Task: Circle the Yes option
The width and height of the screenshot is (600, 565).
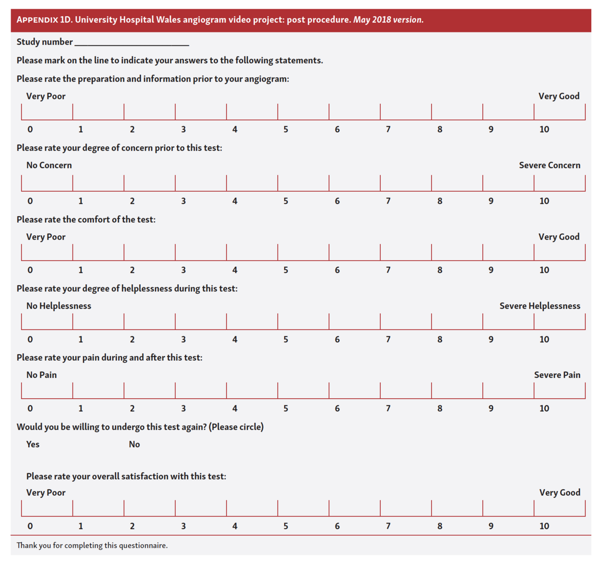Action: pos(33,444)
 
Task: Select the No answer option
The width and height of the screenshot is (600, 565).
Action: pos(134,444)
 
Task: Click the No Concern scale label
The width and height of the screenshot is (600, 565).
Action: pos(49,165)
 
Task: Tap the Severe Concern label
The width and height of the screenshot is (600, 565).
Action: pos(549,165)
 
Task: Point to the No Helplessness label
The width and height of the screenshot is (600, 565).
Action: pos(59,306)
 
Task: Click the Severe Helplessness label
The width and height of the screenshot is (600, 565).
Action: pos(540,306)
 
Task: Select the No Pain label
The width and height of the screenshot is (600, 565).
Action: pos(42,375)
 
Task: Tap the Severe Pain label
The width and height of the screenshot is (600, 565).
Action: pos(557,375)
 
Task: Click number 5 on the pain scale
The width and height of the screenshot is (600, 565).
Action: pos(286,408)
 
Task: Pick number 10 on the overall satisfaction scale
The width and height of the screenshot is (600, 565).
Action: pos(544,526)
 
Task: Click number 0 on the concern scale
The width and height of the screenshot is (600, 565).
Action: pos(30,201)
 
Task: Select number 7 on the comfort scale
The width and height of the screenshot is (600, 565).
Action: pos(388,270)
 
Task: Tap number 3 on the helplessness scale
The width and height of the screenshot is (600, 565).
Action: pos(183,340)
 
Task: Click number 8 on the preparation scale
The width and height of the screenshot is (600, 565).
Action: pos(439,129)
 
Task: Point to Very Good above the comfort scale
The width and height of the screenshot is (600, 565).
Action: pos(558,237)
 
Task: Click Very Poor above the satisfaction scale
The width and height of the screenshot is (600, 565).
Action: pos(46,492)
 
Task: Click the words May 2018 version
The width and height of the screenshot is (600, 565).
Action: pos(388,20)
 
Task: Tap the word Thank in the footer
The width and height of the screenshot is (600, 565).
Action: pos(27,546)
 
